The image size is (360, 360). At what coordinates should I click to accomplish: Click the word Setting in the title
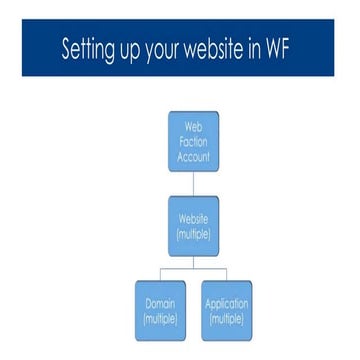tap(89, 49)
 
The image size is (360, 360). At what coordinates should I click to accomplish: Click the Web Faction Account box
tap(193, 141)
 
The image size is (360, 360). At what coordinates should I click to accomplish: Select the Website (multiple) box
tap(193, 226)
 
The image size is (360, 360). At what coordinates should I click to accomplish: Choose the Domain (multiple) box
tap(160, 311)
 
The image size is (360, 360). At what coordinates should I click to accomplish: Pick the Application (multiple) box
tap(227, 311)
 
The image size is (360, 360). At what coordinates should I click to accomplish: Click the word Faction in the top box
tap(193, 141)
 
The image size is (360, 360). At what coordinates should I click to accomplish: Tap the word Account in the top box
tap(193, 156)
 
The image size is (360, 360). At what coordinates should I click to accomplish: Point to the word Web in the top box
tap(193, 127)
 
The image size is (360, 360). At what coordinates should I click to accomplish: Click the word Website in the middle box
tap(193, 219)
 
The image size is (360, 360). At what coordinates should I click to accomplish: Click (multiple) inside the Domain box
tap(160, 319)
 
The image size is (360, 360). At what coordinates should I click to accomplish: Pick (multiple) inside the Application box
tap(227, 319)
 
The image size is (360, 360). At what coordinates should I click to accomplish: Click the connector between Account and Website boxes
tap(193, 184)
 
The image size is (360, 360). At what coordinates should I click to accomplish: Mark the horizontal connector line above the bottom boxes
tap(193, 268)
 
